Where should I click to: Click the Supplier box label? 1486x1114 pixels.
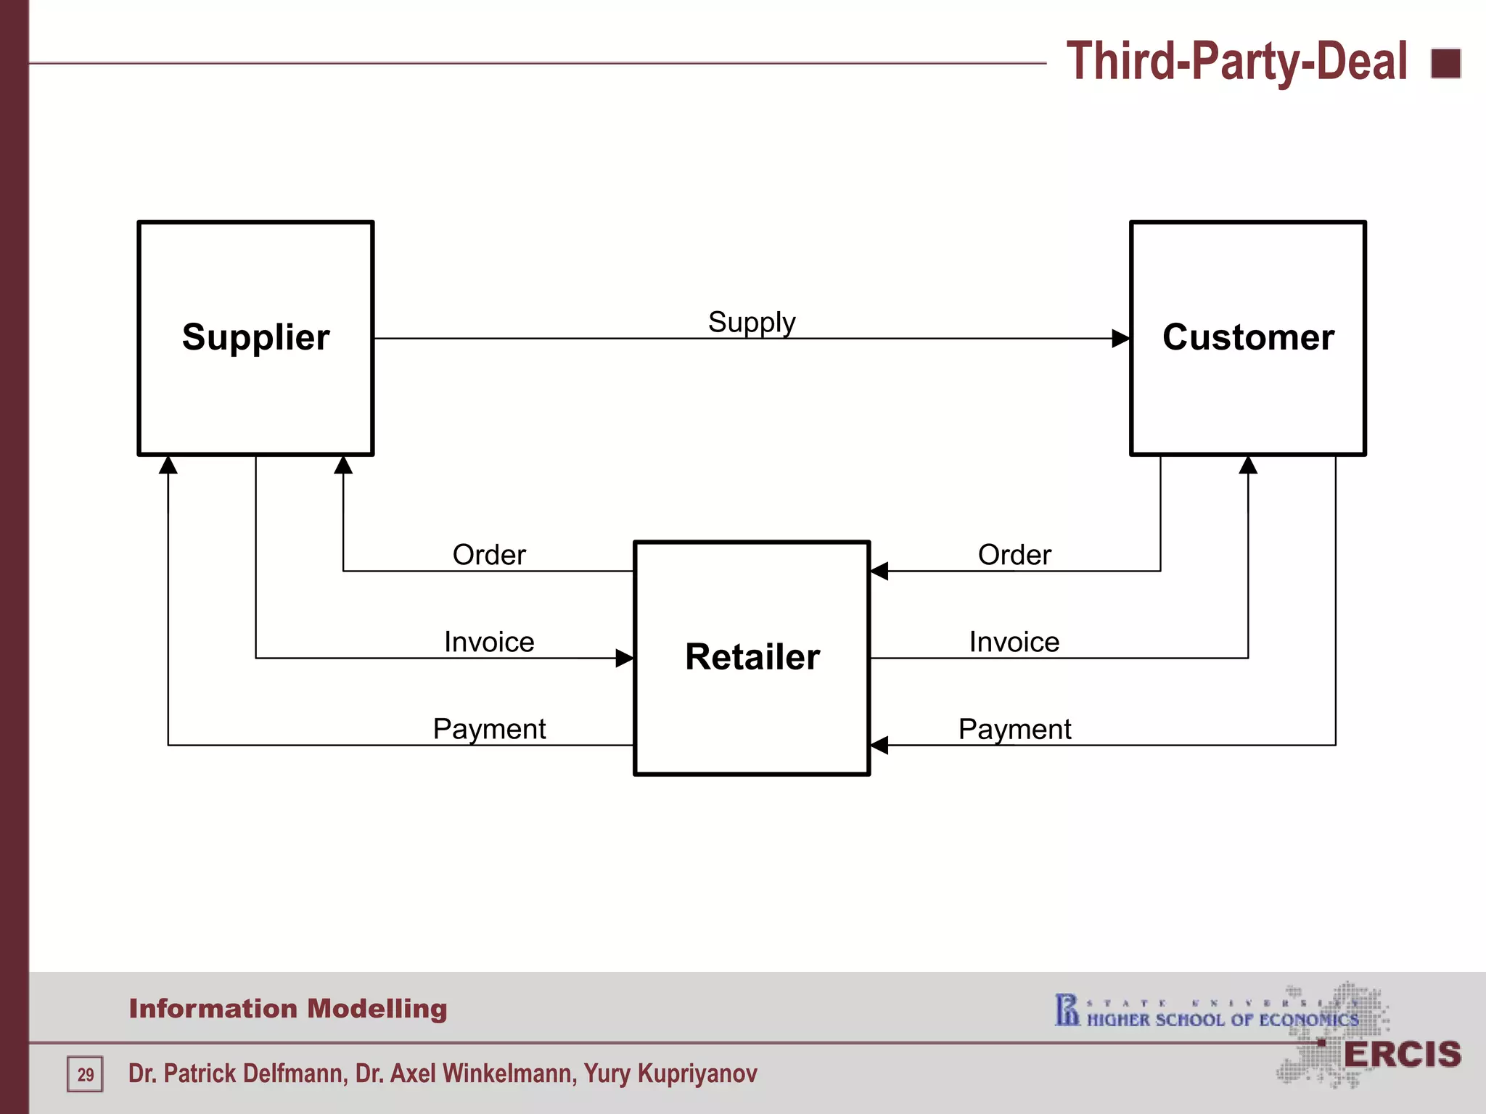(x=255, y=337)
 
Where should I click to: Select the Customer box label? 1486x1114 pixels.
(x=1248, y=337)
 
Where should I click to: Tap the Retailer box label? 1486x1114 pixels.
(x=752, y=657)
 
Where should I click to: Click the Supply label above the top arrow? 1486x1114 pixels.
(x=752, y=322)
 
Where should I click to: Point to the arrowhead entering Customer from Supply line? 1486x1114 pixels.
(x=1122, y=338)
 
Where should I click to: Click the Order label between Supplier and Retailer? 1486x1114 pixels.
(x=489, y=555)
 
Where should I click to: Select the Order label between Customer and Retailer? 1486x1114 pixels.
(x=1014, y=555)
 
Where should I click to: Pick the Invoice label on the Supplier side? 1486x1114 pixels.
(x=489, y=642)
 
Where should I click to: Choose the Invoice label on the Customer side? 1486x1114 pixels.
(x=1014, y=642)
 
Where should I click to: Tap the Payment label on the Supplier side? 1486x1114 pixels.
(x=489, y=729)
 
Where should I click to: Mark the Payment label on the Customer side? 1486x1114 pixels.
(x=1014, y=729)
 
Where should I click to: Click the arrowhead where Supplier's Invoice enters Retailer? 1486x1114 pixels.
(x=625, y=658)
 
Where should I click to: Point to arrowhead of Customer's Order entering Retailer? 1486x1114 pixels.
(x=879, y=571)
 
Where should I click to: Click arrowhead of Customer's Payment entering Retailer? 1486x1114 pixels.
(x=879, y=745)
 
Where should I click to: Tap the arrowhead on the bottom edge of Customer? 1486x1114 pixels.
(x=1248, y=465)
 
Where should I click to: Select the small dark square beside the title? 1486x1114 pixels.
(x=1445, y=63)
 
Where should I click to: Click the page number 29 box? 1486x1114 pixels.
(x=85, y=1074)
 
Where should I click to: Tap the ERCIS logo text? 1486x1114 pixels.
(x=1402, y=1055)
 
